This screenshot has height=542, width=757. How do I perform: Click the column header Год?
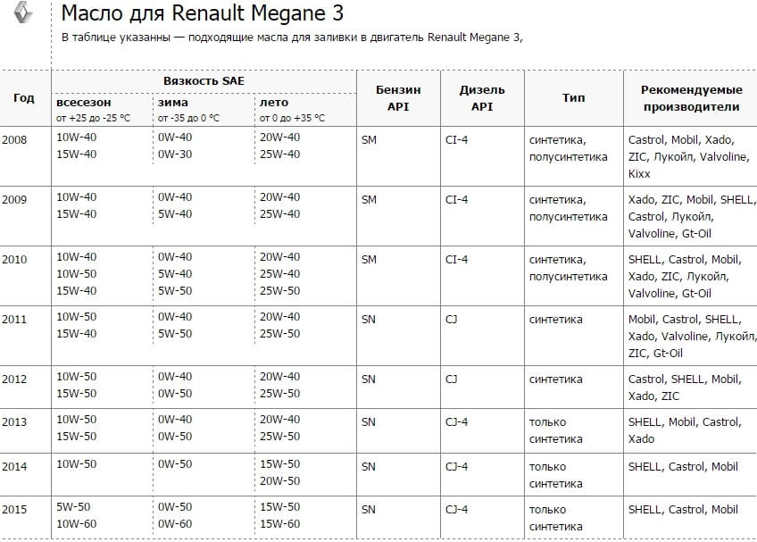coord(24,97)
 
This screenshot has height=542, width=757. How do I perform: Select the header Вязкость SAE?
coord(204,80)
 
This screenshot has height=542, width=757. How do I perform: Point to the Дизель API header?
coord(482,97)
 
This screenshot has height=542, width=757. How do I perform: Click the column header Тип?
coord(574,97)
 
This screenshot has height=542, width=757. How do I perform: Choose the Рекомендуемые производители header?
coord(691,97)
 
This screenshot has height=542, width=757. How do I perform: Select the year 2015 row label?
coord(14,509)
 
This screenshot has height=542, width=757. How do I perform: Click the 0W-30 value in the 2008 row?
coord(174,154)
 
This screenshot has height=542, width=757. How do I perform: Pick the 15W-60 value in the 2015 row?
coord(279,525)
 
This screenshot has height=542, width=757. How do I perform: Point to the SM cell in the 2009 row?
coord(369,199)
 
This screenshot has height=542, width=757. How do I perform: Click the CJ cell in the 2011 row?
coord(451,319)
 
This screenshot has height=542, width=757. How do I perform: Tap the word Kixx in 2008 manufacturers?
coord(639,174)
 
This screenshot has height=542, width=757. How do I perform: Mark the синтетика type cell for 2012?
coord(556,379)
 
